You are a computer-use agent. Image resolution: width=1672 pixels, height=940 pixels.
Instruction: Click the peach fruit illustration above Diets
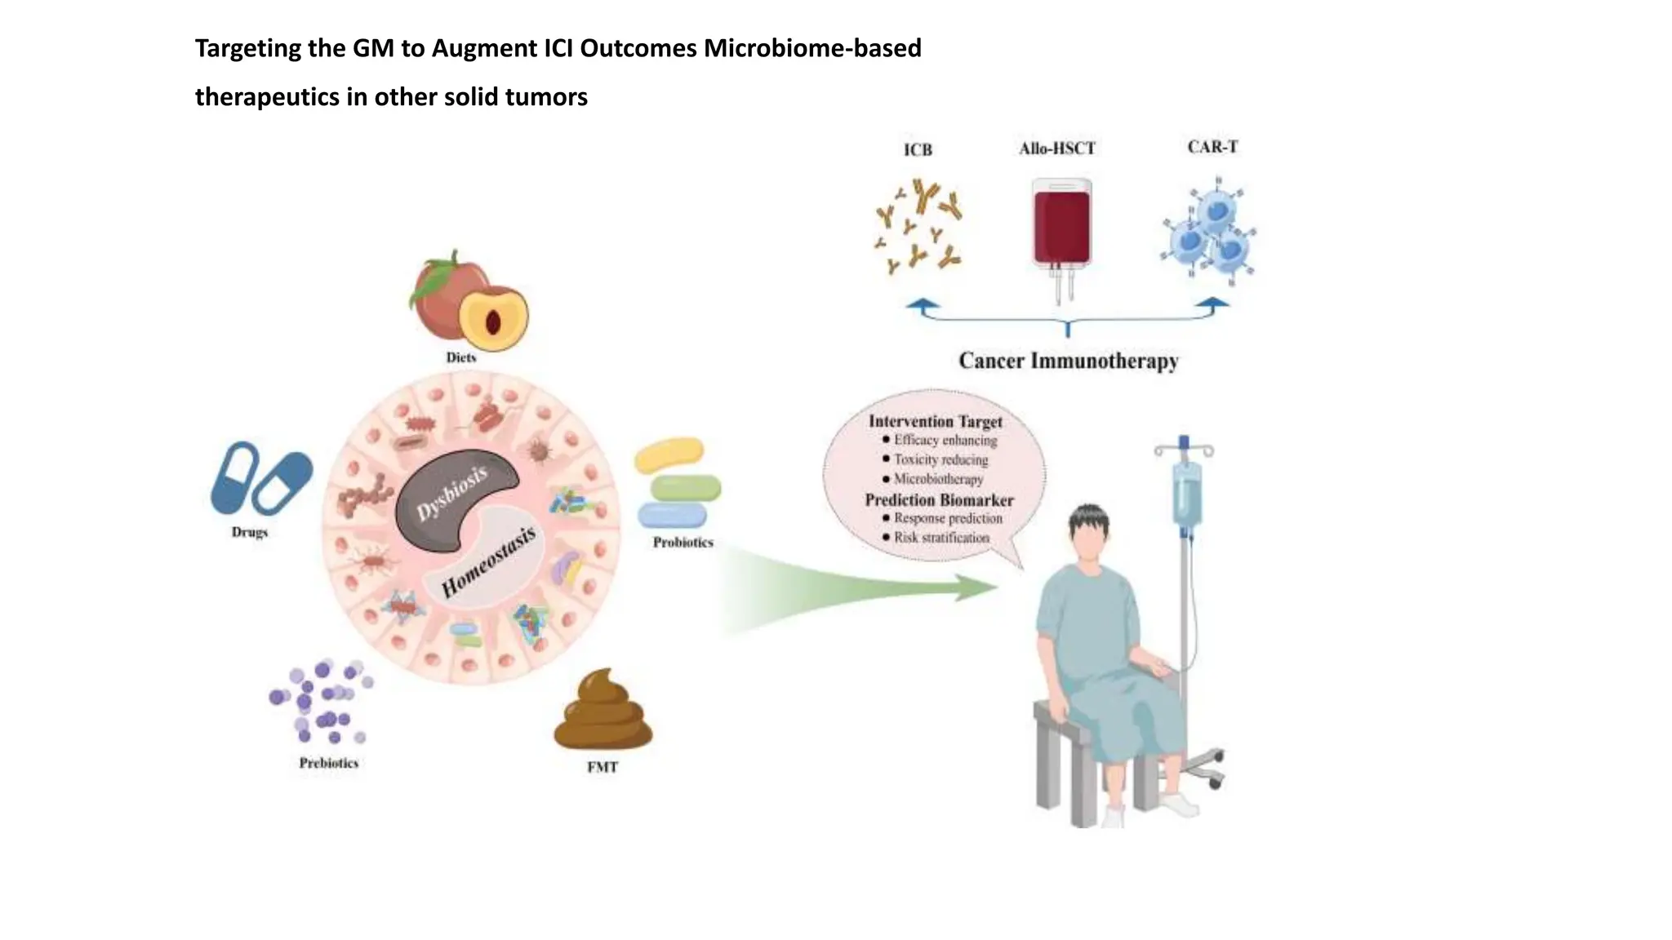pyautogui.click(x=467, y=300)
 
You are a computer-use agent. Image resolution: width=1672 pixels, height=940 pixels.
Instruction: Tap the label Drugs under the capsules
pyautogui.click(x=249, y=532)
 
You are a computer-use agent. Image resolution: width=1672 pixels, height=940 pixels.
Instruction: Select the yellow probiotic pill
pyautogui.click(x=669, y=455)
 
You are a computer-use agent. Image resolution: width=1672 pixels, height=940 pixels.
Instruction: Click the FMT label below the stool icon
pyautogui.click(x=603, y=767)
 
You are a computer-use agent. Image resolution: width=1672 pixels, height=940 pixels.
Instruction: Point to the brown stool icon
pyautogui.click(x=603, y=712)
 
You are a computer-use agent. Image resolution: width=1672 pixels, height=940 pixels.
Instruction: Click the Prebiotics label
pyautogui.click(x=328, y=763)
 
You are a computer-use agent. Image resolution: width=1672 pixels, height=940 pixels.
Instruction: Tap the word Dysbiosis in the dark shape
pyautogui.click(x=452, y=493)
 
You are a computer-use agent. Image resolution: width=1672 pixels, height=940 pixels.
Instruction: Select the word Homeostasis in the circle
pyautogui.click(x=488, y=561)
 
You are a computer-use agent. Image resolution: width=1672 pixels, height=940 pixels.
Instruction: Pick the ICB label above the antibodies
pyautogui.click(x=918, y=150)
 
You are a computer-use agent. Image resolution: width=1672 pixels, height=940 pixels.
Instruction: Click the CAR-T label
pyautogui.click(x=1212, y=147)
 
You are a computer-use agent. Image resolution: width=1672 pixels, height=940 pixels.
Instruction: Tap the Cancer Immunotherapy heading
pyautogui.click(x=1068, y=361)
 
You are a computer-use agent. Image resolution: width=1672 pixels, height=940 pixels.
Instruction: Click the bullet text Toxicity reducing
pyautogui.click(x=940, y=459)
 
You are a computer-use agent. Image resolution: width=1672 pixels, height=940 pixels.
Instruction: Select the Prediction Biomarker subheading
pyautogui.click(x=939, y=500)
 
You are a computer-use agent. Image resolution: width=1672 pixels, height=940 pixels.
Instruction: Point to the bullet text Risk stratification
pyautogui.click(x=941, y=538)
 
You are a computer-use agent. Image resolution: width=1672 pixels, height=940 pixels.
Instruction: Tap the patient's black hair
pyautogui.click(x=1089, y=519)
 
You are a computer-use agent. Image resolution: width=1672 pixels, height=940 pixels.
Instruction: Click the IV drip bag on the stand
pyautogui.click(x=1187, y=494)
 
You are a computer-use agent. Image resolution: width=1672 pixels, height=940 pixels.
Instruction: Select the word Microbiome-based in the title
pyautogui.click(x=812, y=48)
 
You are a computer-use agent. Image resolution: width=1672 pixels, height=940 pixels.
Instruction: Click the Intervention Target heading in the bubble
pyautogui.click(x=935, y=422)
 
